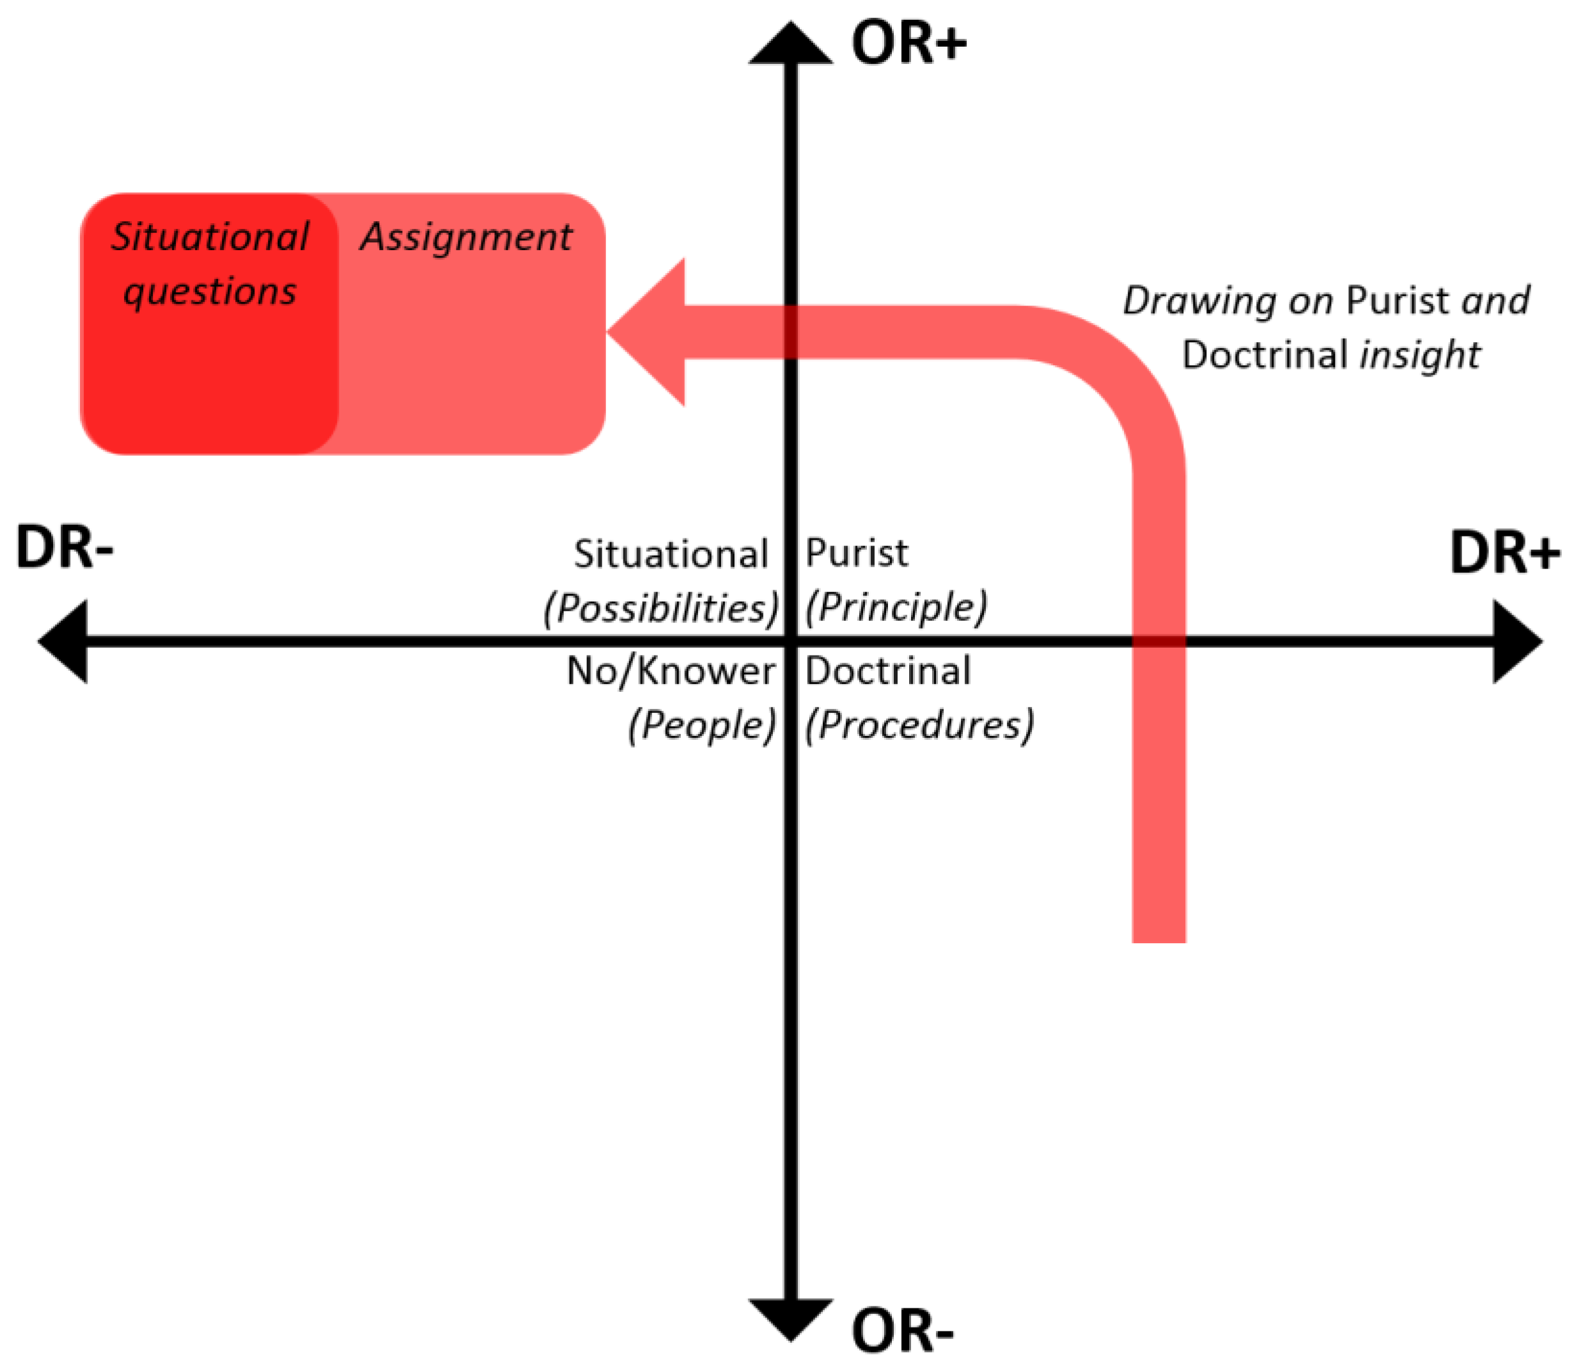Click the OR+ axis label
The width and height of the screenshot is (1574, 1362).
point(908,43)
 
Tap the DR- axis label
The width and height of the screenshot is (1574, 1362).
point(65,547)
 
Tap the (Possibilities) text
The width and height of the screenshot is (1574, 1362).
point(661,607)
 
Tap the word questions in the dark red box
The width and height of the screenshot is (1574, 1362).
point(210,291)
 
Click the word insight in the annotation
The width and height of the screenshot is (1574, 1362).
point(1420,355)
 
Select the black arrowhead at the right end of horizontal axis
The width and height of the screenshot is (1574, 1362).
point(1515,641)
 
